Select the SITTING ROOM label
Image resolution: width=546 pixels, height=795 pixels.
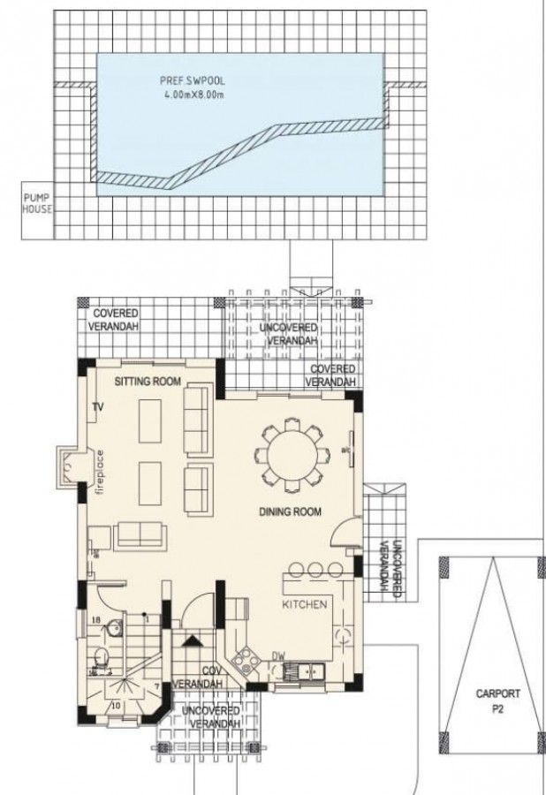pyautogui.click(x=148, y=382)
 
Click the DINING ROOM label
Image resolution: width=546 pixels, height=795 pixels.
pyautogui.click(x=290, y=511)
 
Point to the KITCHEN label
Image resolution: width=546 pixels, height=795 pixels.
pyautogui.click(x=305, y=605)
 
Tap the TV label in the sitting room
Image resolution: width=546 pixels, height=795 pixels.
pyautogui.click(x=98, y=407)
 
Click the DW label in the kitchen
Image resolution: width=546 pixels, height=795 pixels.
pyautogui.click(x=278, y=656)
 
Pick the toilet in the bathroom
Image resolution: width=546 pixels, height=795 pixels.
pyautogui.click(x=102, y=656)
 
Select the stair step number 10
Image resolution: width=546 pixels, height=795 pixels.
pyautogui.click(x=115, y=706)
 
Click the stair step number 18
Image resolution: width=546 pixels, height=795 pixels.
pyautogui.click(x=96, y=621)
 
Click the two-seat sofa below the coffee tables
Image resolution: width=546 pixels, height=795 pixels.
pyautogui.click(x=140, y=534)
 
